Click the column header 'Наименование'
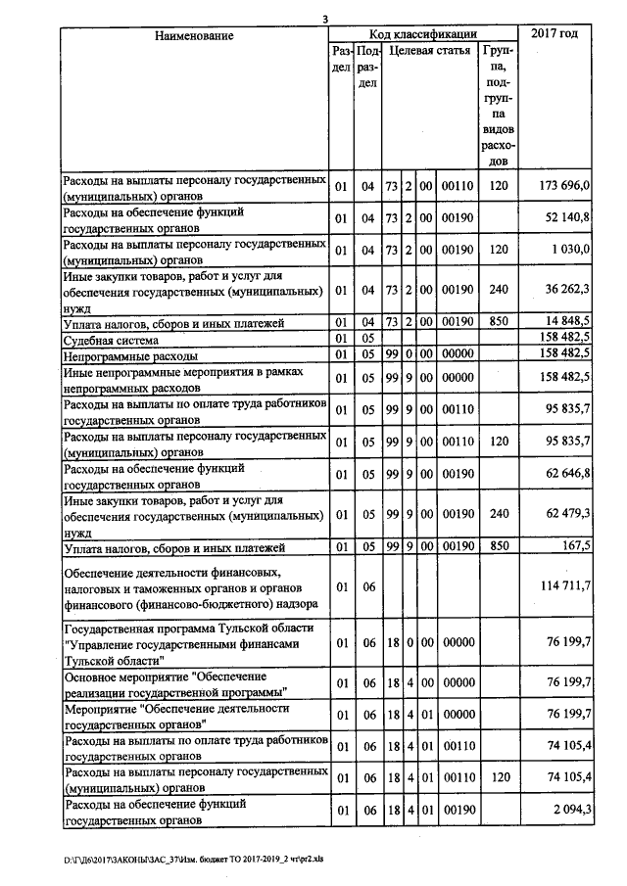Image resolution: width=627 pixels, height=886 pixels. pos(194,36)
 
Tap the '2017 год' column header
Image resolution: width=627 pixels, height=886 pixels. pos(555,34)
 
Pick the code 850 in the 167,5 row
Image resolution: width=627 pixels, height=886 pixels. pos(498,546)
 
